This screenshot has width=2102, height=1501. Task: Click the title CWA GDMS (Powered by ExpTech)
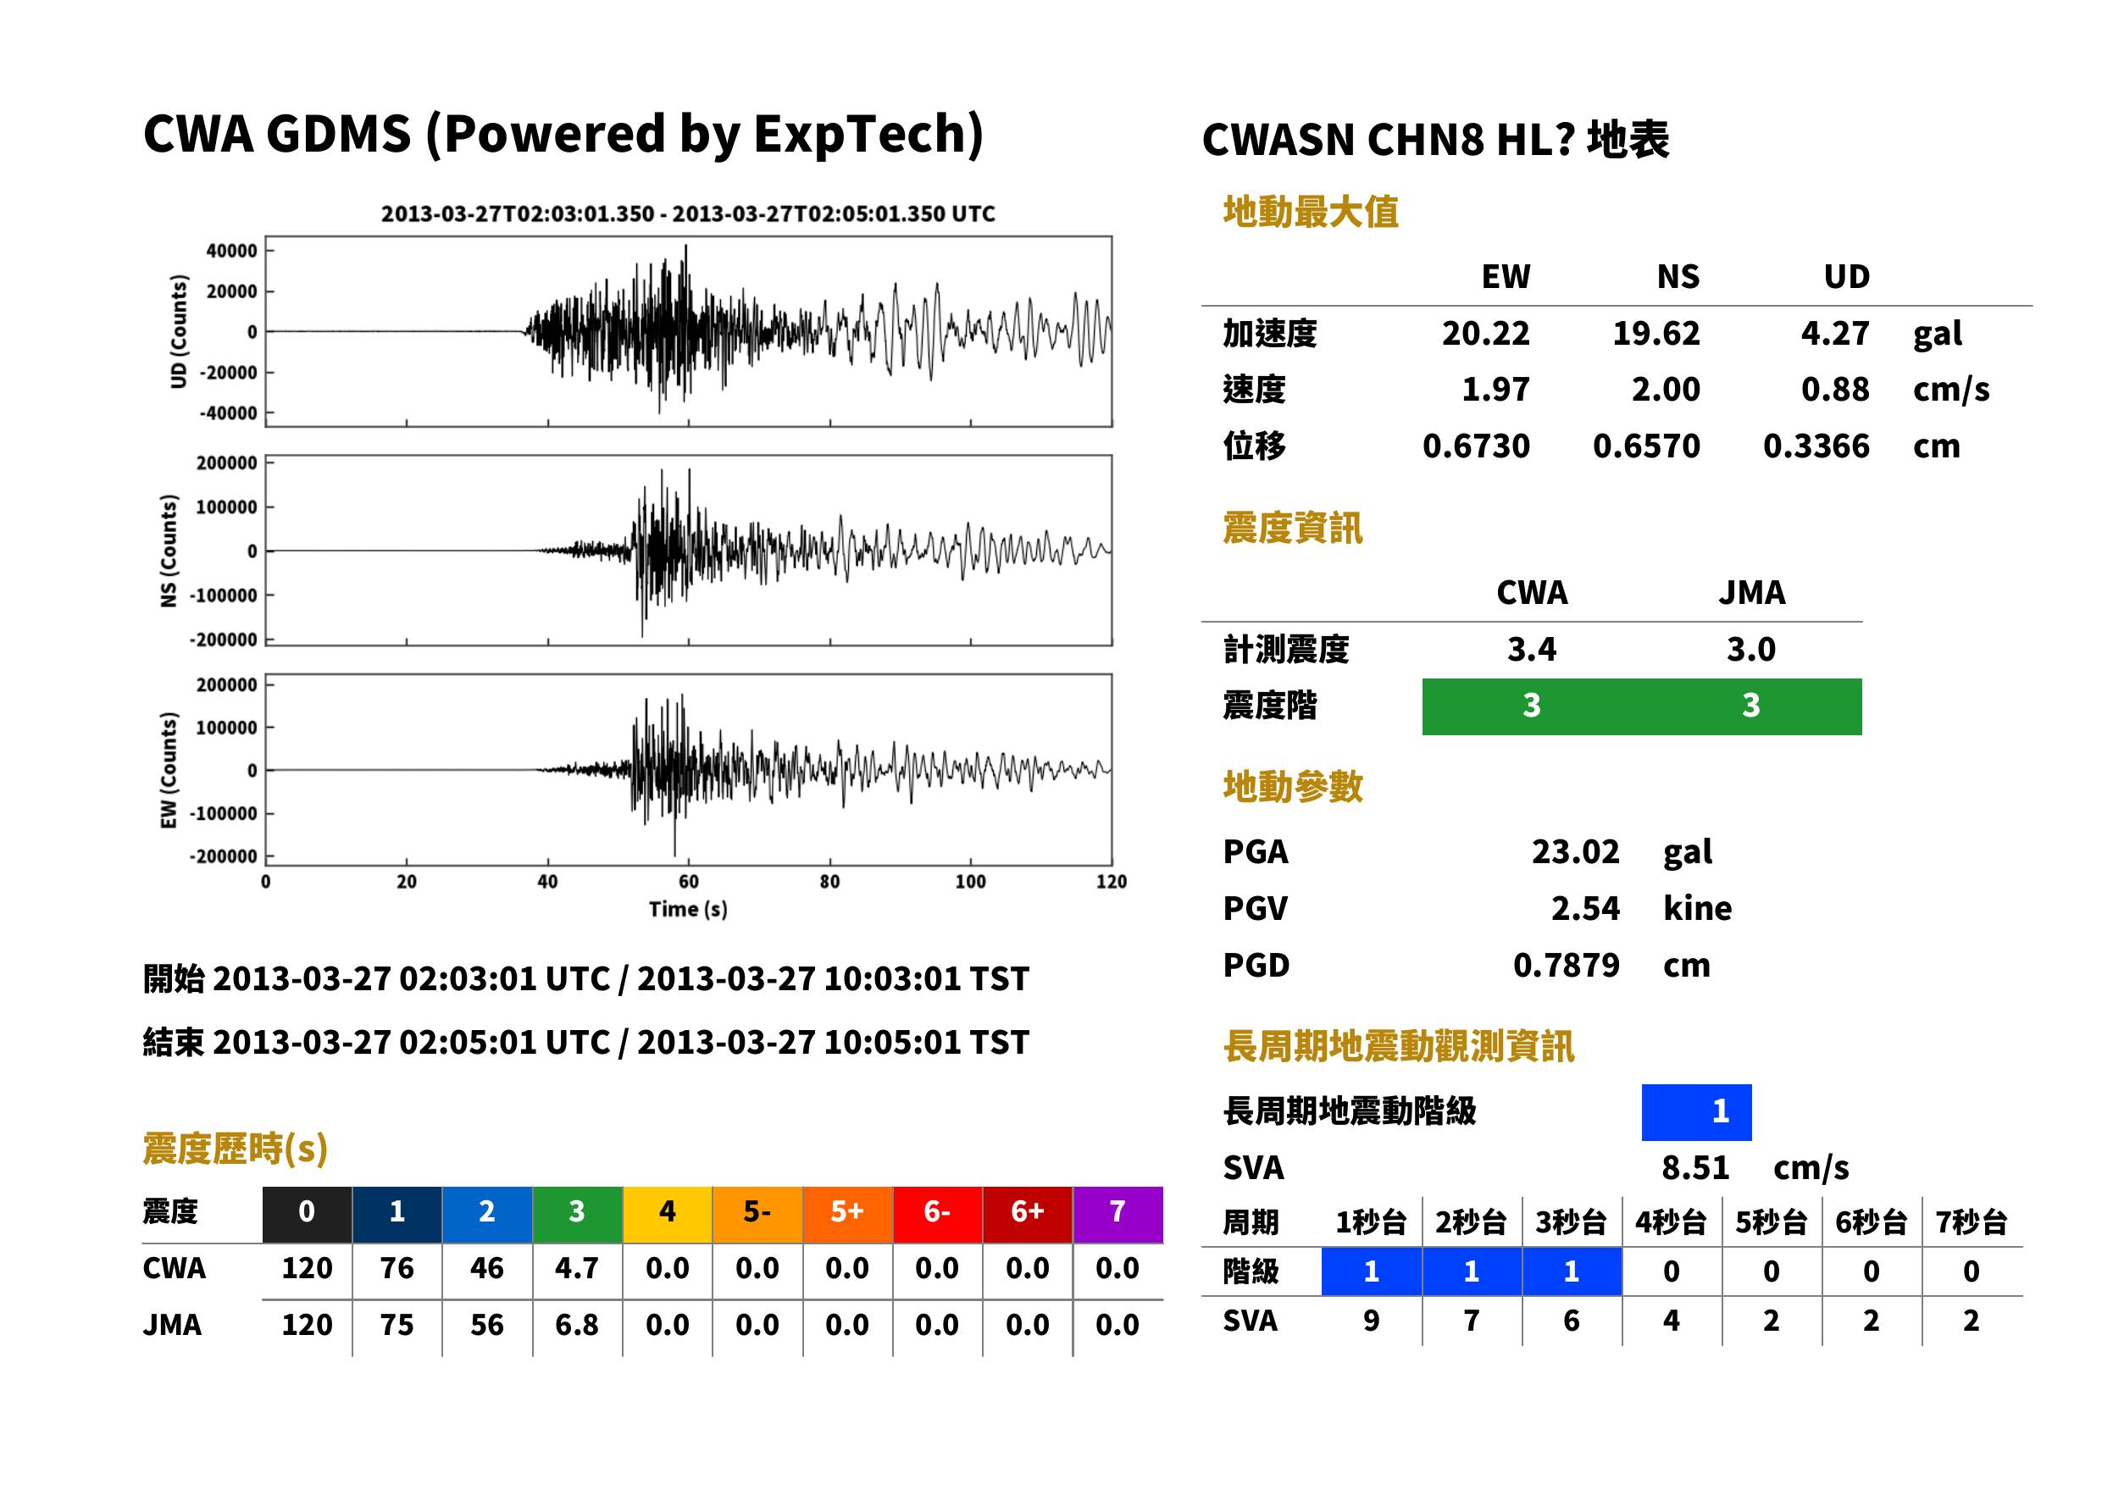click(563, 135)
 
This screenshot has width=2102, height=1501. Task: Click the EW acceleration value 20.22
click(1485, 334)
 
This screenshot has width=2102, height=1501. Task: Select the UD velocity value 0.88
click(1835, 390)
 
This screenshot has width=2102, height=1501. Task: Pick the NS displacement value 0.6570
click(1646, 446)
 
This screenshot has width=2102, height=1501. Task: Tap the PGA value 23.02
click(1575, 851)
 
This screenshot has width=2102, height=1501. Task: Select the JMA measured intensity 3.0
click(1750, 650)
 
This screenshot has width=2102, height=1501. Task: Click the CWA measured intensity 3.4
click(1532, 650)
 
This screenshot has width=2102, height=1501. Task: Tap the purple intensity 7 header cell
click(1118, 1211)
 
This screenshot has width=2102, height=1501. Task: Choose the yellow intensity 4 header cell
click(668, 1211)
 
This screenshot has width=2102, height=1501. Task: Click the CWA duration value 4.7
click(577, 1268)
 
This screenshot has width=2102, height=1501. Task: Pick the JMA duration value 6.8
click(577, 1326)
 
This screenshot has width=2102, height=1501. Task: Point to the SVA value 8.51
click(1695, 1168)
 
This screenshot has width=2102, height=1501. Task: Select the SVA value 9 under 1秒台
click(1372, 1321)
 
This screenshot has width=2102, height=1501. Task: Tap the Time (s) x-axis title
click(689, 910)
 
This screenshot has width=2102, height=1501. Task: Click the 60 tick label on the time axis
click(689, 882)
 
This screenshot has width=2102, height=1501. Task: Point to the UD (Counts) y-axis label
click(179, 331)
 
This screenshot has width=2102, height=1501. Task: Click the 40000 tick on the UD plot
click(232, 251)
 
